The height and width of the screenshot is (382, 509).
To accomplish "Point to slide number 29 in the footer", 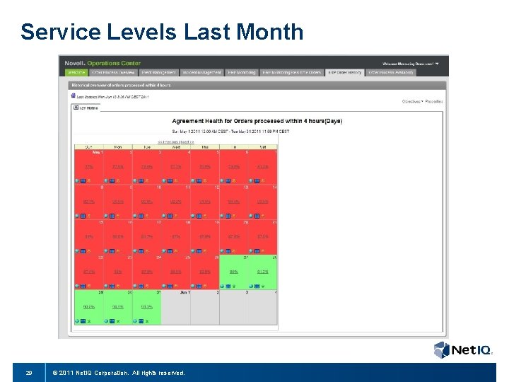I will click(29, 372).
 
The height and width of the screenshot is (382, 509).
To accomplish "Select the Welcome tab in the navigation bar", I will click(75, 72).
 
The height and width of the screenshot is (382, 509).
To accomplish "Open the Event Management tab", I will click(158, 72).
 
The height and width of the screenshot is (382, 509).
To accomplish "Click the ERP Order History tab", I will click(344, 72).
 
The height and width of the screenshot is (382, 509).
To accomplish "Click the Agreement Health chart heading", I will click(257, 121).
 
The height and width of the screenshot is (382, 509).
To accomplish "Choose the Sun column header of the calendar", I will click(88, 146).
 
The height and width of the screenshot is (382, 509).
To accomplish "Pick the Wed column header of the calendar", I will click(175, 146).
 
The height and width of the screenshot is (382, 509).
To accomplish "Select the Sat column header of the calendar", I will click(262, 146).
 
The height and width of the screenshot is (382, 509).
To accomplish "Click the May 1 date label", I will click(96, 152).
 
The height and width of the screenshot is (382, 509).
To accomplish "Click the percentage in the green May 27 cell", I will click(233, 271).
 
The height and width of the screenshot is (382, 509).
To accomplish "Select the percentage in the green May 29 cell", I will click(89, 306).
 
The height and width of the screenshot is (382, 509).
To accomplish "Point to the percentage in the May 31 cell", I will click(146, 306).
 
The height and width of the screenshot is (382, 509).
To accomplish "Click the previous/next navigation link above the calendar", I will click(175, 141).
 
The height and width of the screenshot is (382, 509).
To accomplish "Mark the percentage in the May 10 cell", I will click(146, 202).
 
